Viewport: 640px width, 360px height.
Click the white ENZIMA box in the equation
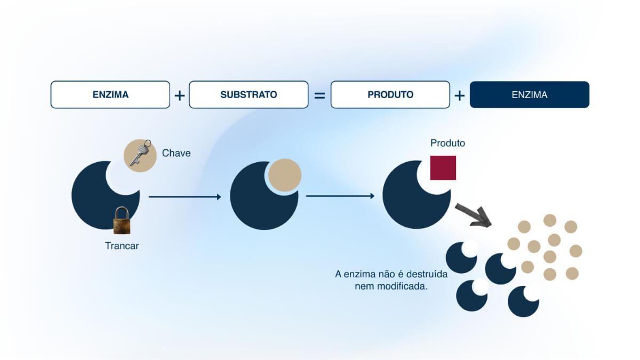coord(110,94)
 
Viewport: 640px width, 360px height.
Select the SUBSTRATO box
coord(249,94)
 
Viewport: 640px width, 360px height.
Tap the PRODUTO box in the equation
coord(390,94)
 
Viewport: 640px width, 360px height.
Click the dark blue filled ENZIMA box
coord(530,94)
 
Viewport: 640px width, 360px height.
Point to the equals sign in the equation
coord(319,95)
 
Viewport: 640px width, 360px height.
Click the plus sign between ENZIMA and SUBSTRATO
coord(180,95)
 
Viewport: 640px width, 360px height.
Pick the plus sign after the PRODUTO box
coord(459,95)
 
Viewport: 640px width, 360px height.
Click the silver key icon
coord(140,153)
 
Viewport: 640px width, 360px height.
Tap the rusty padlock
coord(122,220)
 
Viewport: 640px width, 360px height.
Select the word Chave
coord(177,153)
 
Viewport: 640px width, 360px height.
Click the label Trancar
coord(122,246)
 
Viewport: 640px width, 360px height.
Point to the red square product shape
coord(443,167)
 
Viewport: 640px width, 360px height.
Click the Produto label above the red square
coord(447,143)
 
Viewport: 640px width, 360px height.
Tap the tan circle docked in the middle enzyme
coord(285,175)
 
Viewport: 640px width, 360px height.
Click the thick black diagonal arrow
coord(474,215)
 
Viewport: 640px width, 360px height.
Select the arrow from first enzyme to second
coord(185,197)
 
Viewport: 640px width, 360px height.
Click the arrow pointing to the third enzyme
coord(340,196)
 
